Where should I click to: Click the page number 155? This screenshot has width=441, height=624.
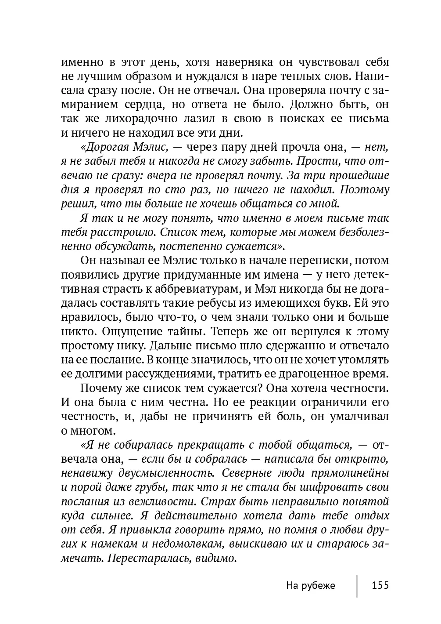(x=380, y=585)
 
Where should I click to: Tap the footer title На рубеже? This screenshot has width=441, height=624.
(x=310, y=585)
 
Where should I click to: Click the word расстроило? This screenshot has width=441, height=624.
(x=122, y=232)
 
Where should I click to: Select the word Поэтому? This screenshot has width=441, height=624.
(x=365, y=190)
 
